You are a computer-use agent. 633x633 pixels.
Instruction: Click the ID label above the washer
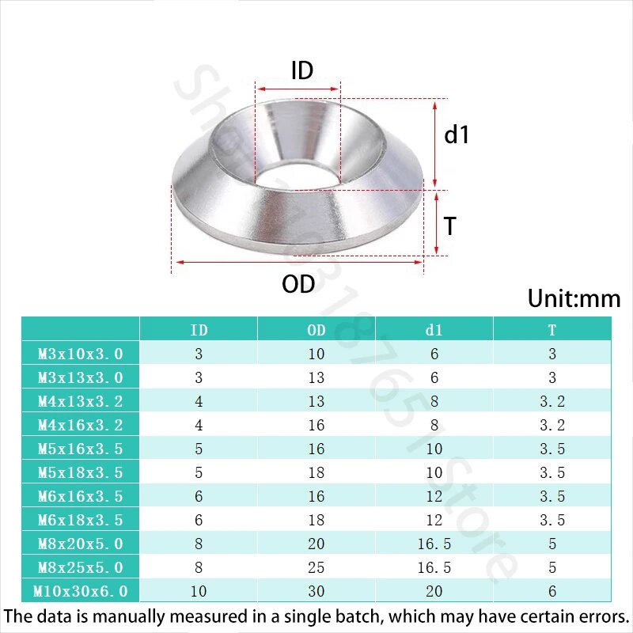point(302,71)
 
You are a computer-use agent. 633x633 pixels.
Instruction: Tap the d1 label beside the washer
point(457,135)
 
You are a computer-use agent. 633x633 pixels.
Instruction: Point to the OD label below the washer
point(298,284)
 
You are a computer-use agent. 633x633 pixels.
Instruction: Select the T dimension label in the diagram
point(450,227)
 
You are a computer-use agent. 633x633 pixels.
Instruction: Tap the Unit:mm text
point(574,299)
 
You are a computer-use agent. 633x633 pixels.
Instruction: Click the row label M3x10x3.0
point(81,354)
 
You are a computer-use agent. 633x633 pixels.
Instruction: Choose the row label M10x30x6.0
point(81,591)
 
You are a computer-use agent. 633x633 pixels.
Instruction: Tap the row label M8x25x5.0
point(81,567)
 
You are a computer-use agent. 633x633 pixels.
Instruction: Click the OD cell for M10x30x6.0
point(316,591)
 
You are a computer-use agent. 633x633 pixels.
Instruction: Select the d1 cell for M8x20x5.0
point(434,544)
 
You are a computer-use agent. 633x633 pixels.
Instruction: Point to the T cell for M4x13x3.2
point(552,401)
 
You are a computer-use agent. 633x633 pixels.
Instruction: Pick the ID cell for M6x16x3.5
point(199,496)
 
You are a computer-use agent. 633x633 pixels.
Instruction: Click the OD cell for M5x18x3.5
point(316,472)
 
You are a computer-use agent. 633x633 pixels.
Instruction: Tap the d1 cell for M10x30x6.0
point(434,591)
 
